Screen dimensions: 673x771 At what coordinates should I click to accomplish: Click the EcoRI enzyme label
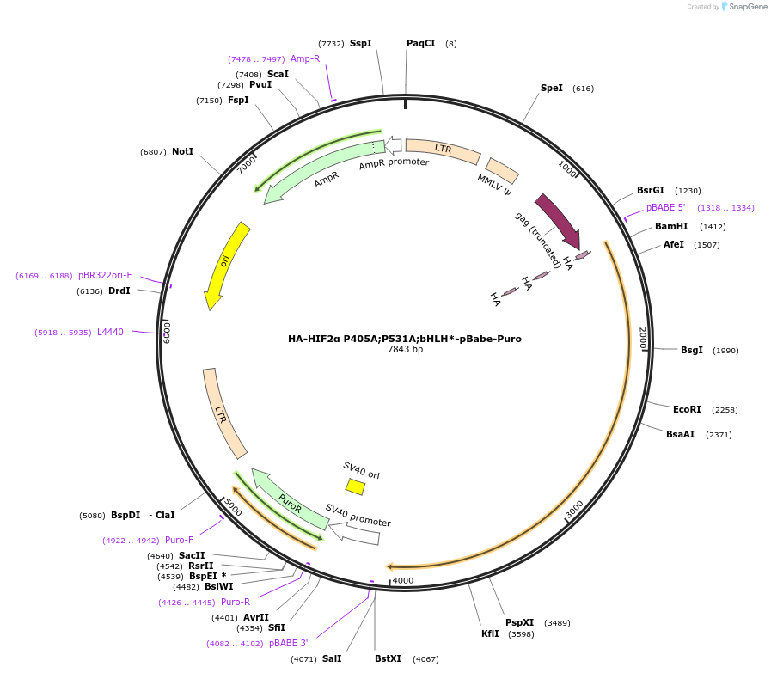click(687, 409)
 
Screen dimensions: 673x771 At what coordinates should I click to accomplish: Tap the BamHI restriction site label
click(671, 227)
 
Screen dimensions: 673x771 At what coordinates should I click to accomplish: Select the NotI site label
click(182, 151)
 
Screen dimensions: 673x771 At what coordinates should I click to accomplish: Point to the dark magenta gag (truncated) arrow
click(557, 220)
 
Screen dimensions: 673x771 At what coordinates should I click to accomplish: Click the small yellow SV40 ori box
click(355, 486)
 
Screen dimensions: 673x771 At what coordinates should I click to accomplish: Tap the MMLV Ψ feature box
click(502, 170)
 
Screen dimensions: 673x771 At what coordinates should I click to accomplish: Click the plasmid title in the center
click(404, 339)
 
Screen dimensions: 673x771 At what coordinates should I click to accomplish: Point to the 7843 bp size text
click(405, 350)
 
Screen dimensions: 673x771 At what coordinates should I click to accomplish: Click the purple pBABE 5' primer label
click(666, 208)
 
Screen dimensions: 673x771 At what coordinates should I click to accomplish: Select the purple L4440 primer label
click(110, 332)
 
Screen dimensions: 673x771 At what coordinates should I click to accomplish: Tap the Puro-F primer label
click(179, 540)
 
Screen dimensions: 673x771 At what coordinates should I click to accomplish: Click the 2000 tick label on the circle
click(641, 338)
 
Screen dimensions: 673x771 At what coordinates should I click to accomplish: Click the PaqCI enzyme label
click(420, 43)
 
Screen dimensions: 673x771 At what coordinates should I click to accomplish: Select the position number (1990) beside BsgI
click(725, 350)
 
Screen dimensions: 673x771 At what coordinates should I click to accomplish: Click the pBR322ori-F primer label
click(105, 275)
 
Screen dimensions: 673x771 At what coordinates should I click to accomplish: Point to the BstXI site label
click(388, 658)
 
